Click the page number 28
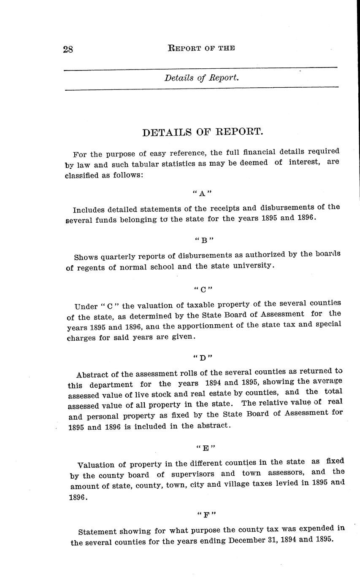point(68,49)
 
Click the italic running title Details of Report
point(202,78)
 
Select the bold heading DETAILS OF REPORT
point(203,132)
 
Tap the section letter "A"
point(202,194)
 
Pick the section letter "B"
point(204,241)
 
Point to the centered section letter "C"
point(203,290)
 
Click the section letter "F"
point(206,515)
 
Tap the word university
point(255,266)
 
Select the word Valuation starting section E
point(95,465)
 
